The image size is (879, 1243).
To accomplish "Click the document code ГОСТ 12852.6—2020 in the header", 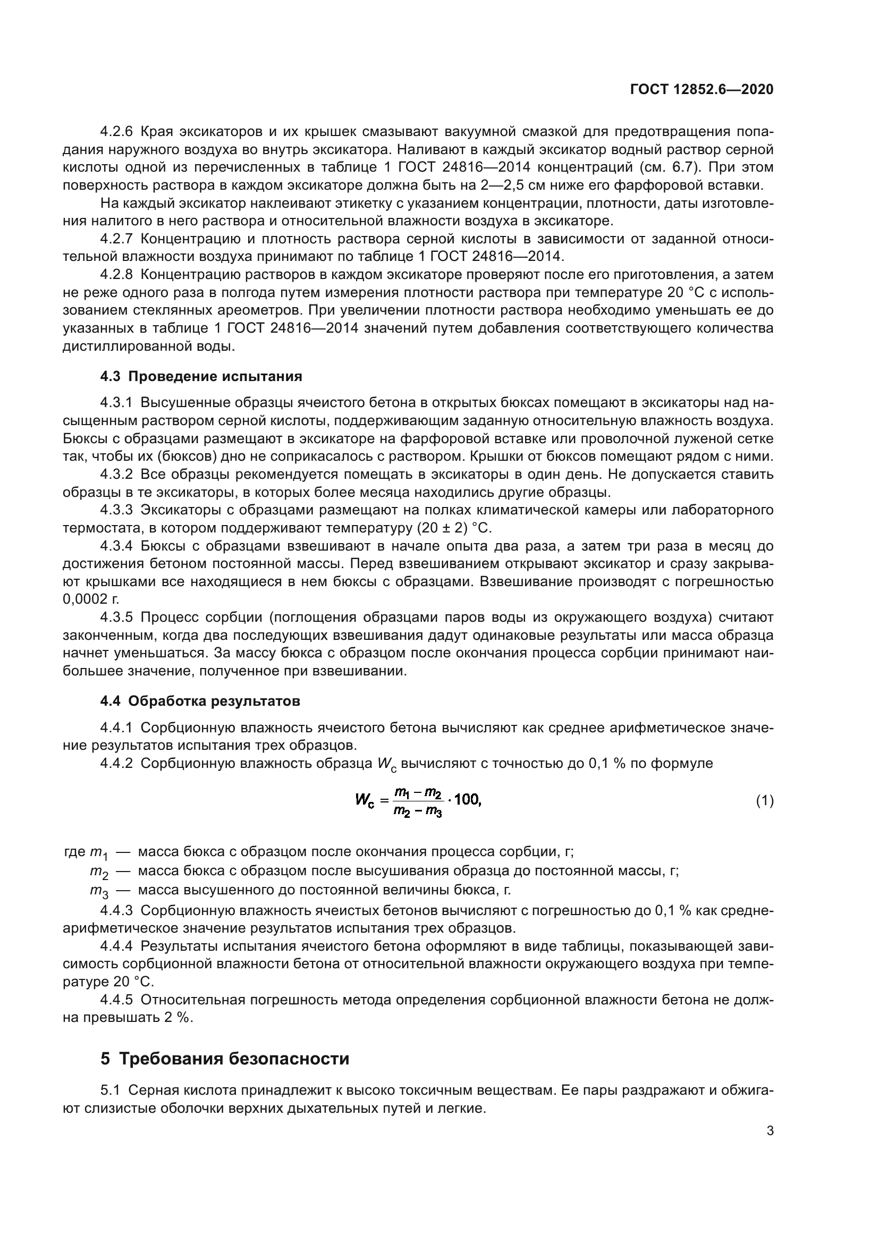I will point(701,89).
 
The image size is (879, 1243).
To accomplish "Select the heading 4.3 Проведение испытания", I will point(201,376).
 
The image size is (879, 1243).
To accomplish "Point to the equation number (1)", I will point(764,801).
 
